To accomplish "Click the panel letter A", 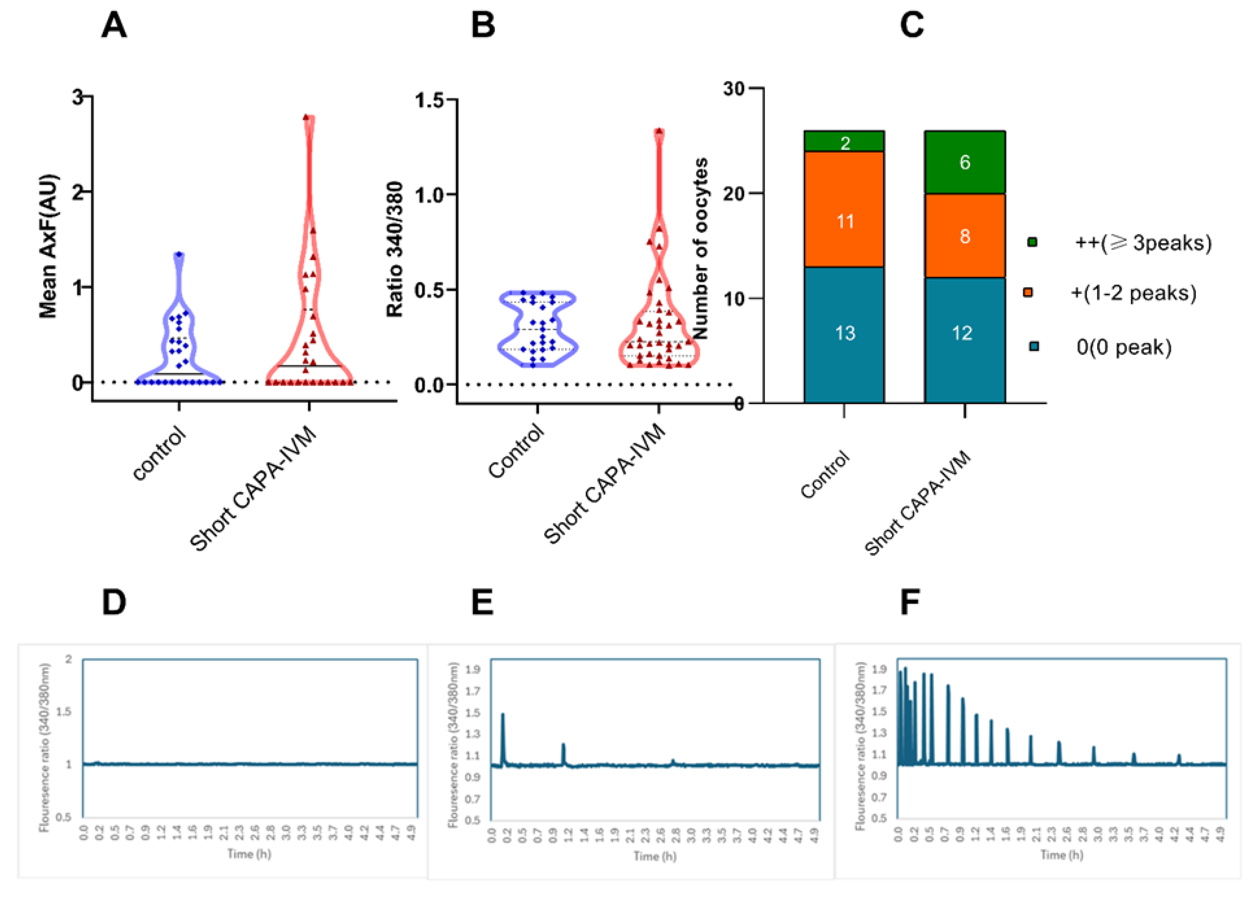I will coord(114,26).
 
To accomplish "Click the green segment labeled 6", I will coord(964,162).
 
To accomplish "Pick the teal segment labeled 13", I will coord(844,334).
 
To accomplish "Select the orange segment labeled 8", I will coord(964,236).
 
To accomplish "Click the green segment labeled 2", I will coord(844,142).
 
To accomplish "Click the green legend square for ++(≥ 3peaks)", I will coord(1032,242).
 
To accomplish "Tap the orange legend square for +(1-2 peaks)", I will coord(1028,292).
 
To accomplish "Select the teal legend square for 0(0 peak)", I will coord(1034,346).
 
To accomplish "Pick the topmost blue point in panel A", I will coord(179,255).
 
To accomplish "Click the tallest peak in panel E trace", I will coord(503,715).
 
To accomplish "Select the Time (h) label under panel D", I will coord(249,854).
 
